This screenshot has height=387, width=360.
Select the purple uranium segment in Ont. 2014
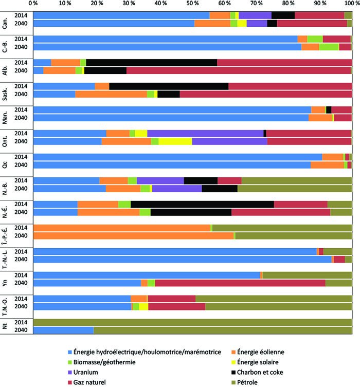pyautogui.click(x=205, y=133)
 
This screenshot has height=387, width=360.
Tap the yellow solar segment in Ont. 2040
pyautogui.click(x=175, y=141)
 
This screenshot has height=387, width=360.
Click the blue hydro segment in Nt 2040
pyautogui.click(x=63, y=330)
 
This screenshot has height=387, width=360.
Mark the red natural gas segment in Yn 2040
pyautogui.click(x=240, y=283)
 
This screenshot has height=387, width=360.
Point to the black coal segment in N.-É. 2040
pyautogui.click(x=191, y=212)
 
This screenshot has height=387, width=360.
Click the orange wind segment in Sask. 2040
pyautogui.click(x=111, y=94)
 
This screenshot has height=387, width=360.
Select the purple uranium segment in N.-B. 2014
pyautogui.click(x=160, y=180)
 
